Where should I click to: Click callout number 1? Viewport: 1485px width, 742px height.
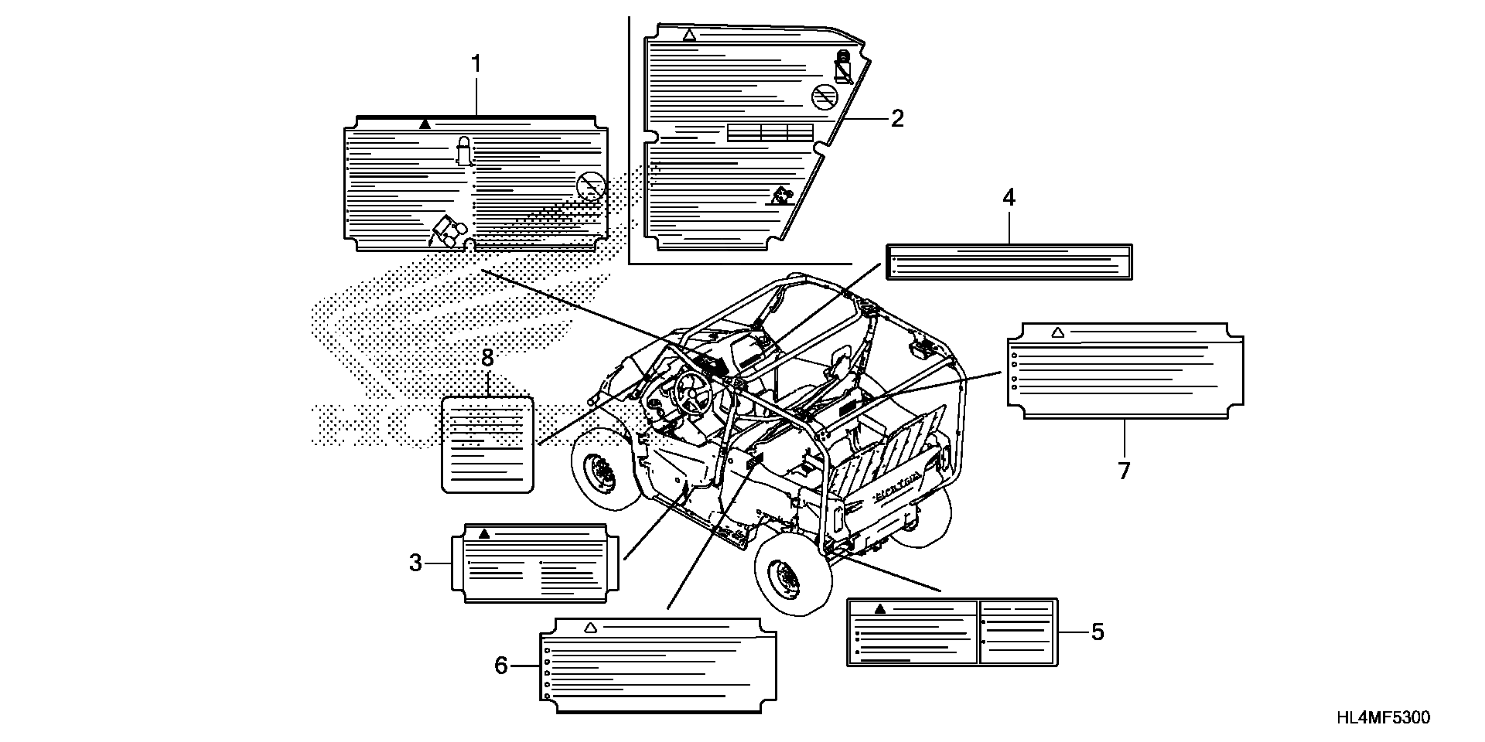476,65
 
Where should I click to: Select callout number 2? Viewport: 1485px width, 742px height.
897,119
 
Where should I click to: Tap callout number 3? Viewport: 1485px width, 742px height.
416,563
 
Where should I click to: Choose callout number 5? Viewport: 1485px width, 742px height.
1097,632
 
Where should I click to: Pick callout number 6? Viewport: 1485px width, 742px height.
501,665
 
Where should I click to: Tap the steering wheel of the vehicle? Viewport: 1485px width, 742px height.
692,392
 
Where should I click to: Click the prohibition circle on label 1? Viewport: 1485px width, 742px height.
591,186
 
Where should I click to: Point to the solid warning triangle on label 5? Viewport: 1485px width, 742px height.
880,609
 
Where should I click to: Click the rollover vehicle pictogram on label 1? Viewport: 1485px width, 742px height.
448,232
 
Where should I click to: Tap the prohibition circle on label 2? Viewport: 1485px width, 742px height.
824,97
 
